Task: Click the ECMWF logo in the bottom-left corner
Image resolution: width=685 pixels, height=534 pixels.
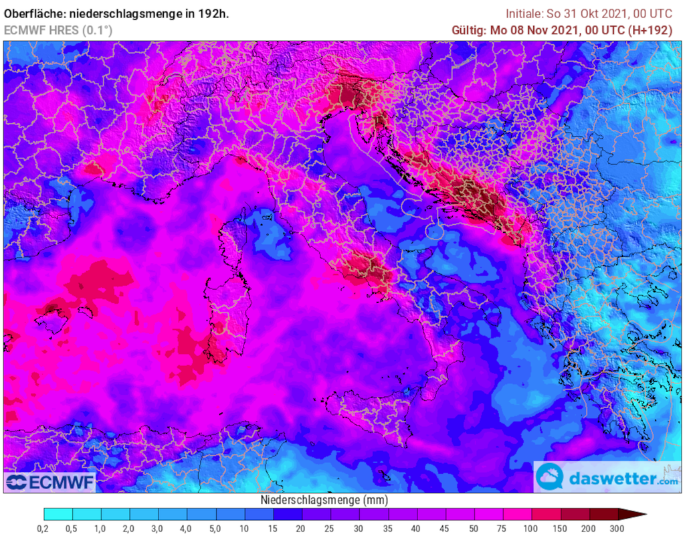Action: click(50, 482)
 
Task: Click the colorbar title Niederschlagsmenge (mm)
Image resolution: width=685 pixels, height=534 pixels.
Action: click(323, 500)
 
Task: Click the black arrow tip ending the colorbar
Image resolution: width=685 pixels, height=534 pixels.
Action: click(639, 514)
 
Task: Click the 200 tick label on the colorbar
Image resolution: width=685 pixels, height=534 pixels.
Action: click(589, 528)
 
